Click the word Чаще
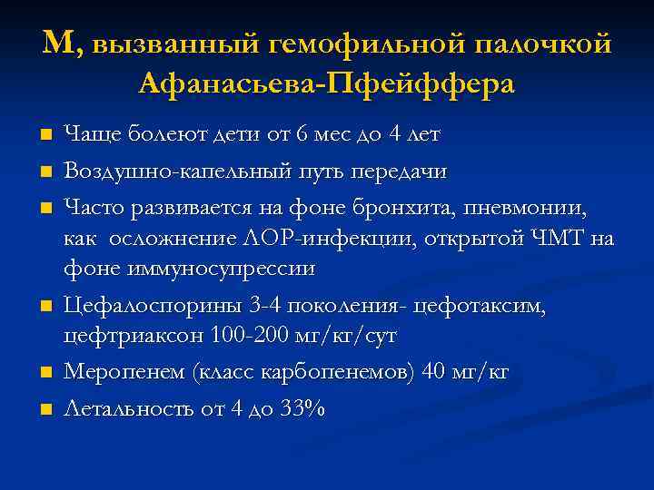[x=89, y=135]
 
